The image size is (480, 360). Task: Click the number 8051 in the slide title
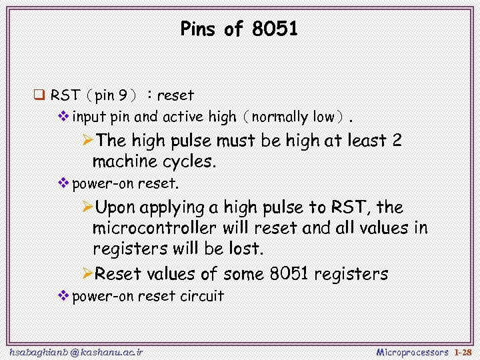[275, 29]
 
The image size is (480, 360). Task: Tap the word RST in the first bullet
[65, 95]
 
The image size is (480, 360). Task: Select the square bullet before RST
[39, 95]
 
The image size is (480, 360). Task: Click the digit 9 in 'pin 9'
[123, 95]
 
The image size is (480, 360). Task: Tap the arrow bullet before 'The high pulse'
[87, 141]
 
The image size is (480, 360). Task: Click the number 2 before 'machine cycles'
[397, 141]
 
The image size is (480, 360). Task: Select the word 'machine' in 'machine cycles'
[125, 161]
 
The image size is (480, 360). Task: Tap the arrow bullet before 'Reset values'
[87, 273]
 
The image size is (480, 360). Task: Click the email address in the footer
[76, 351]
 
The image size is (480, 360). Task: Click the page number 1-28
[463, 351]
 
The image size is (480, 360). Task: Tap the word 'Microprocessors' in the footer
[413, 351]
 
